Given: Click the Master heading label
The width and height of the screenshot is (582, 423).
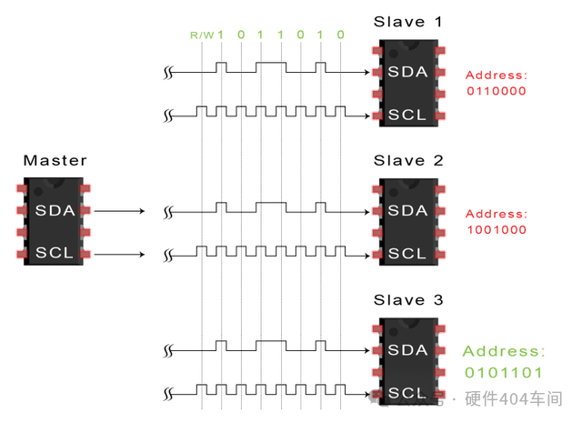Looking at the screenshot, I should [x=55, y=161].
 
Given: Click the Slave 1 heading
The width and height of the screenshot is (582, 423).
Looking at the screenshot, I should [x=408, y=21].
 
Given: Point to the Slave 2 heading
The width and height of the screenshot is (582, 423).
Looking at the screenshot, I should [x=408, y=161].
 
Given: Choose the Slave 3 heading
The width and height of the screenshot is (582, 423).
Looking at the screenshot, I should [x=408, y=300].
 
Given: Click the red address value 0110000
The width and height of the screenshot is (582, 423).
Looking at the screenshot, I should [x=497, y=92].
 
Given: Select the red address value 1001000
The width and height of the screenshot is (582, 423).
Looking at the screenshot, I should [x=497, y=230].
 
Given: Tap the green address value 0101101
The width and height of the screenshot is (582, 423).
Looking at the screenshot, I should [x=504, y=372].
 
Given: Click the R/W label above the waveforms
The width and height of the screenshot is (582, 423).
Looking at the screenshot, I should [x=201, y=35].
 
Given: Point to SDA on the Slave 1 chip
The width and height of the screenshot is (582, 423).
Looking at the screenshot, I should [x=407, y=72].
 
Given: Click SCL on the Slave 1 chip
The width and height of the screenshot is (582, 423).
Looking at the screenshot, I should [x=407, y=116].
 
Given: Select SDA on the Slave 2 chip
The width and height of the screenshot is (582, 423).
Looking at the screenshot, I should [x=407, y=211].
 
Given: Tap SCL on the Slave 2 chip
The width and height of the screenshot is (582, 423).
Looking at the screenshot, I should [x=407, y=254].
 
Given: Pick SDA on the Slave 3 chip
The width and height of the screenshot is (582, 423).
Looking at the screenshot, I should [x=407, y=350].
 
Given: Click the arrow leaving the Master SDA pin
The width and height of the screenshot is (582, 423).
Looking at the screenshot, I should [x=119, y=211].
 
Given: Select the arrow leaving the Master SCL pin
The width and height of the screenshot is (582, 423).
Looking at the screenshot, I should [x=119, y=254].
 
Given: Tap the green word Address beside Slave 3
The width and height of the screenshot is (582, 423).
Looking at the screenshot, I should [x=504, y=351].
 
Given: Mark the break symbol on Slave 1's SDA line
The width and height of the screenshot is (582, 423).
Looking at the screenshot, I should [x=168, y=72].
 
